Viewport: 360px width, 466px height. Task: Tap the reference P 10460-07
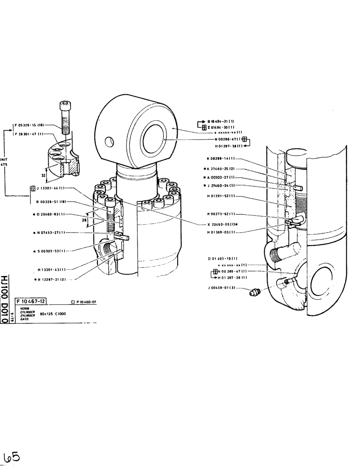(86, 302)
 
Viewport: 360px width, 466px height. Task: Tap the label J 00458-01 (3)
(222, 288)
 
